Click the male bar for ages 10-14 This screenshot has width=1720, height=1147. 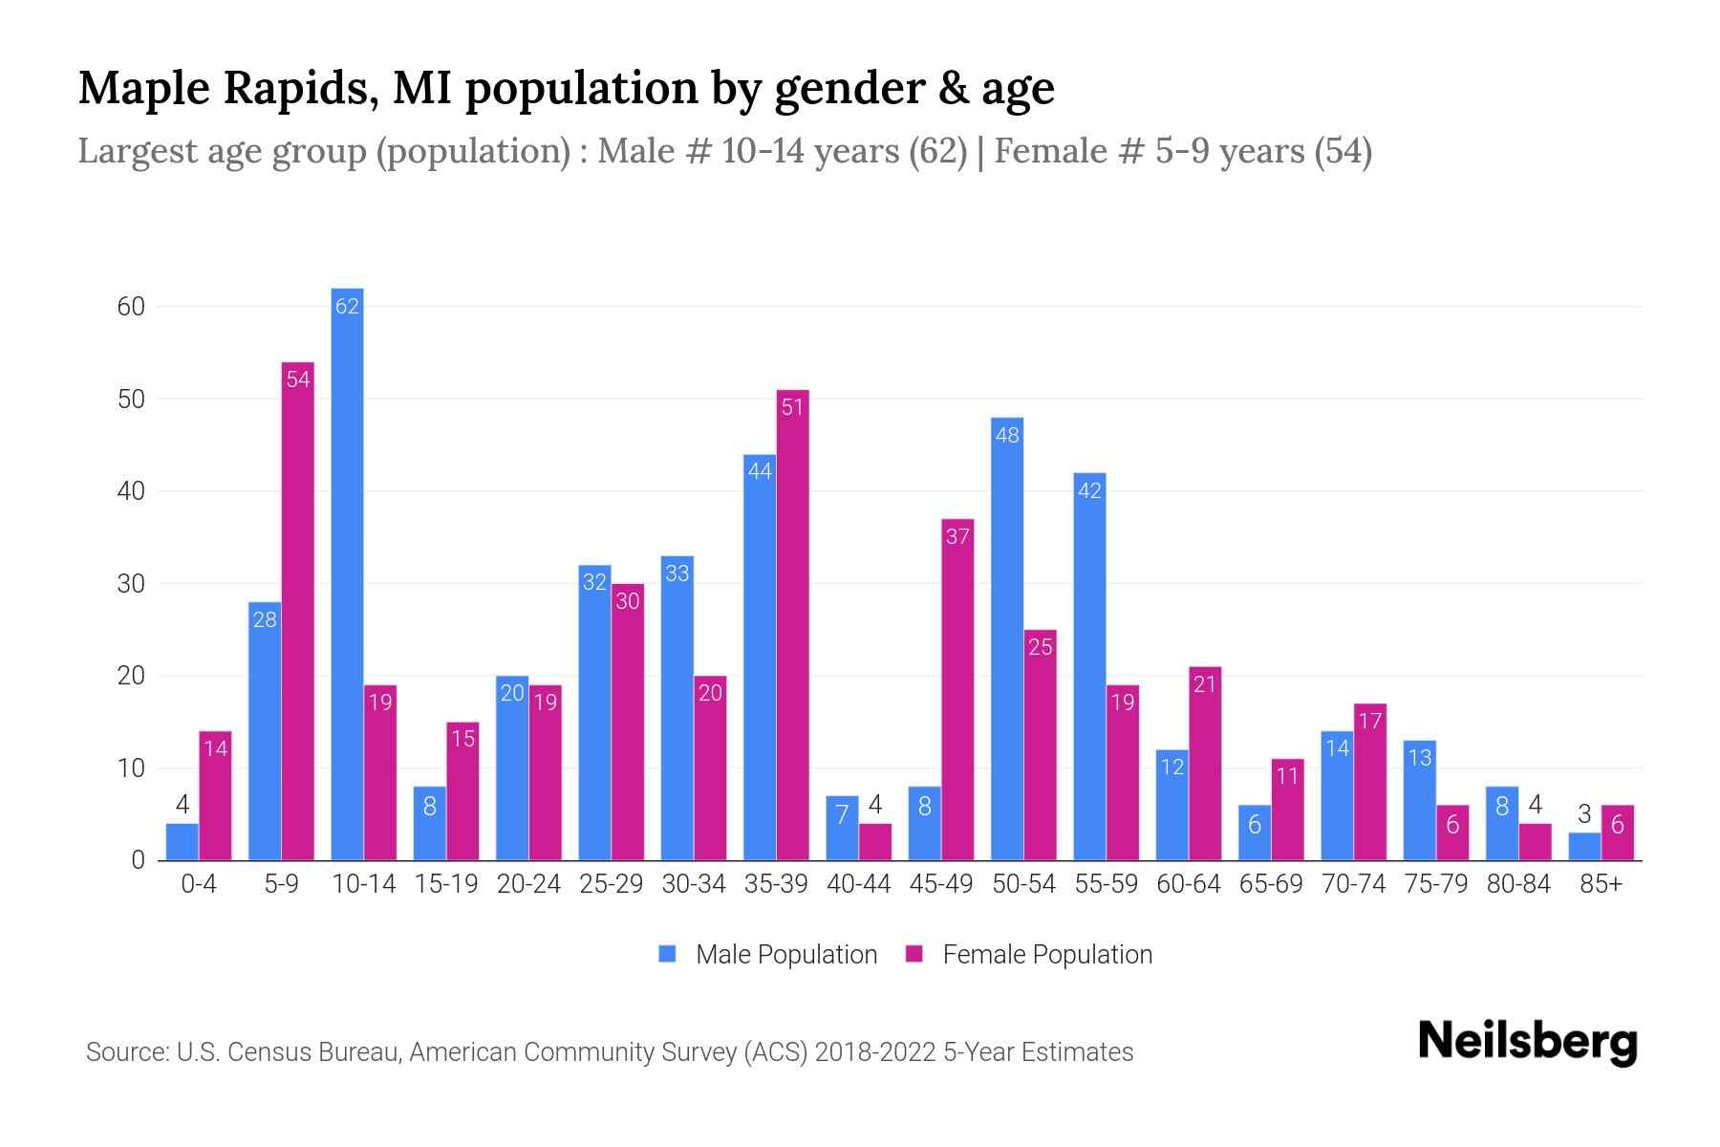347,573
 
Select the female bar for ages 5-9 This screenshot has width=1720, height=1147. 298,612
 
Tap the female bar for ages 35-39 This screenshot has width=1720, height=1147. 793,626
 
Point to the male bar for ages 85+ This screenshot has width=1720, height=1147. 1584,847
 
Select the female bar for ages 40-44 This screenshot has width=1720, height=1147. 875,842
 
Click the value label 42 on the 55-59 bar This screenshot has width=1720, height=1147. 1089,491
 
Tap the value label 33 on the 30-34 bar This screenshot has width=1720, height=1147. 677,573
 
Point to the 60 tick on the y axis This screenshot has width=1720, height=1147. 131,307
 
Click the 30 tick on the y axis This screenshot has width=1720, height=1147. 131,584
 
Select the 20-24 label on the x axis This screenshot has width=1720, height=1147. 528,884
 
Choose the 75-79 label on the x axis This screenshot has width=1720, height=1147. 1435,884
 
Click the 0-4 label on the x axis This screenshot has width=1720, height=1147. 199,884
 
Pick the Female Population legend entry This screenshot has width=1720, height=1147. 1030,955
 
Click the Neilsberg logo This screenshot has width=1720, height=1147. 1527,1042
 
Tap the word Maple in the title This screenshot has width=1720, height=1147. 143,88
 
